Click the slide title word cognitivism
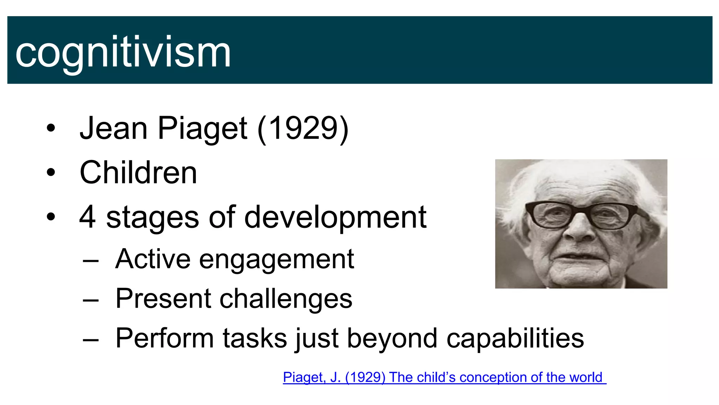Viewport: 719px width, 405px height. (x=123, y=53)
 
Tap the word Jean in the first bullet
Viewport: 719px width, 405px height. (x=113, y=128)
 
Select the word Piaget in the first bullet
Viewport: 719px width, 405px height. (x=203, y=128)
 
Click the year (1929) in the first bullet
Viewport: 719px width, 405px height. (x=303, y=128)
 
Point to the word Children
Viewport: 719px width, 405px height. (x=138, y=173)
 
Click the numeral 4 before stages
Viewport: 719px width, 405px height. (x=87, y=217)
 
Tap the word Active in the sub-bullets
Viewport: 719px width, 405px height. (x=152, y=259)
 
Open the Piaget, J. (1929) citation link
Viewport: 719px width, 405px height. (x=444, y=377)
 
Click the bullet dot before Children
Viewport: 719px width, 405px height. (x=51, y=173)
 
